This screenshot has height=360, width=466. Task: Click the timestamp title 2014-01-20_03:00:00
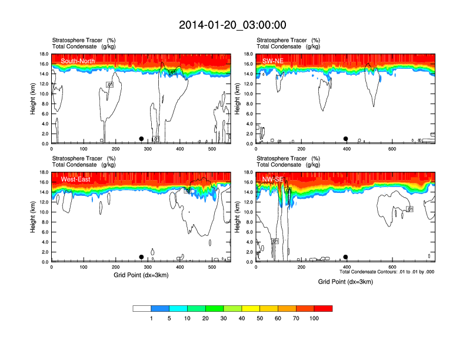point(232,25)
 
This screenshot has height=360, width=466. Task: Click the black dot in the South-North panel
point(141,139)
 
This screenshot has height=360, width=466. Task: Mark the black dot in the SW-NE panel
point(346,139)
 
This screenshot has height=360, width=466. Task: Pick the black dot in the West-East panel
point(141,257)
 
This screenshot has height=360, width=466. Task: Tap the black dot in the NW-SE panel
point(346,257)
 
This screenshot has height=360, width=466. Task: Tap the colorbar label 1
point(151,318)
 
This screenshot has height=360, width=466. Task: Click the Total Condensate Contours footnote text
point(387,272)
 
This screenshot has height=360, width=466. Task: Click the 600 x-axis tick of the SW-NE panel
point(392,149)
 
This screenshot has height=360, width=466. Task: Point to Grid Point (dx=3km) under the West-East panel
point(141,275)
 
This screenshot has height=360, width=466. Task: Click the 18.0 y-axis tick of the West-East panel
point(43,172)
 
